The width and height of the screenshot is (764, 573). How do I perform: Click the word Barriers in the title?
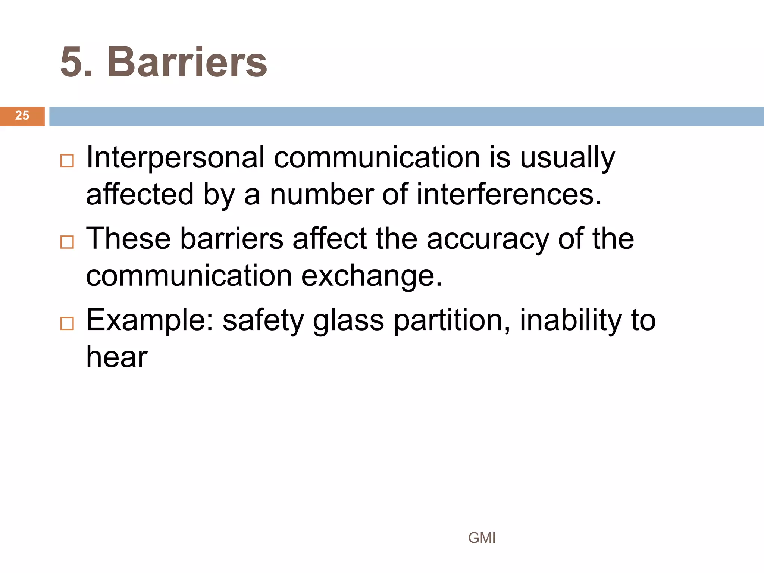[187, 62]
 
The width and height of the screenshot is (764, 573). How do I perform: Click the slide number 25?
[22, 116]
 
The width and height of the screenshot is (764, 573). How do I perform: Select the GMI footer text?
[482, 538]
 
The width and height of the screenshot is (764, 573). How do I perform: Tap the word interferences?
[509, 195]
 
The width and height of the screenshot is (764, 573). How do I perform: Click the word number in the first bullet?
[321, 195]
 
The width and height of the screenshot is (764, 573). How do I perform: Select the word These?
[128, 239]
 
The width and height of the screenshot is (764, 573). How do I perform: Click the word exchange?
[372, 277]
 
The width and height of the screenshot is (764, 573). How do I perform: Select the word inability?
[571, 321]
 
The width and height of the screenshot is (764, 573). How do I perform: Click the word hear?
[117, 357]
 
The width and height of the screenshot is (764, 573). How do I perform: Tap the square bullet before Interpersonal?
[67, 161]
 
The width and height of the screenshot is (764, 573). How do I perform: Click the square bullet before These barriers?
[67, 242]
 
